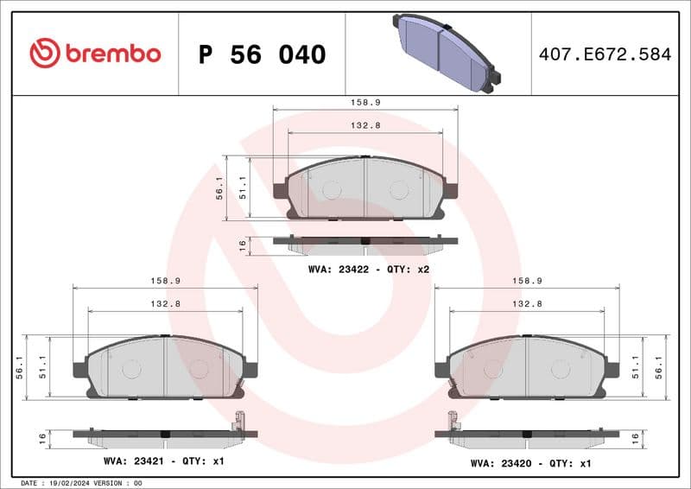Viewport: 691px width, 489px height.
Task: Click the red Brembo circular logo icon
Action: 45,54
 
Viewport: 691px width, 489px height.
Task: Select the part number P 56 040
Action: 262,54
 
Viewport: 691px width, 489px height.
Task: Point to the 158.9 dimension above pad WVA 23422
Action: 365,102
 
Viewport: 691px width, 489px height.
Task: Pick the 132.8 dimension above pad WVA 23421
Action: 165,304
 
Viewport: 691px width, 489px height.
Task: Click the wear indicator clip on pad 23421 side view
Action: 239,422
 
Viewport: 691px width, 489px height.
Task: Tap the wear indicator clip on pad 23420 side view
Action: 451,422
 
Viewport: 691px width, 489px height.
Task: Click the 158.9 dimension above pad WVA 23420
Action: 527,281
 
